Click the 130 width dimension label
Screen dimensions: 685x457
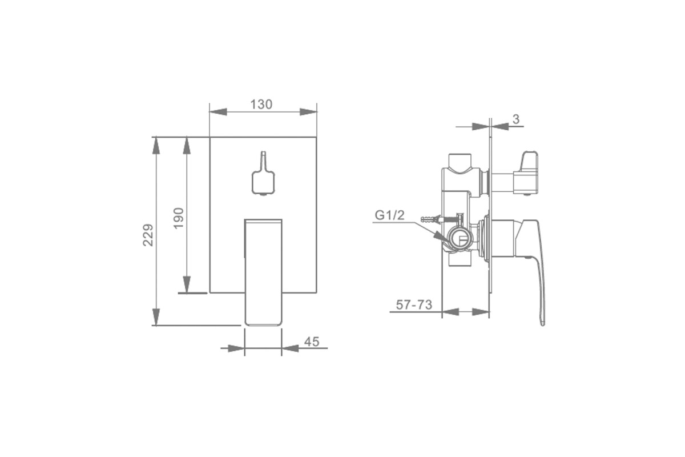(261, 105)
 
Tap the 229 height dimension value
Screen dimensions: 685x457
(148, 235)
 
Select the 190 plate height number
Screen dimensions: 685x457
(179, 218)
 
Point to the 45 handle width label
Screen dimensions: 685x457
(312, 342)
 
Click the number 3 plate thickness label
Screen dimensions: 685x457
(516, 119)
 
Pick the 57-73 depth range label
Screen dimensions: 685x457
(414, 304)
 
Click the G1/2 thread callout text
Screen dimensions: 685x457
(389, 215)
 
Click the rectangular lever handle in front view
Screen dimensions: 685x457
(263, 272)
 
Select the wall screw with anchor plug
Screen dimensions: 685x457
(440, 219)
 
